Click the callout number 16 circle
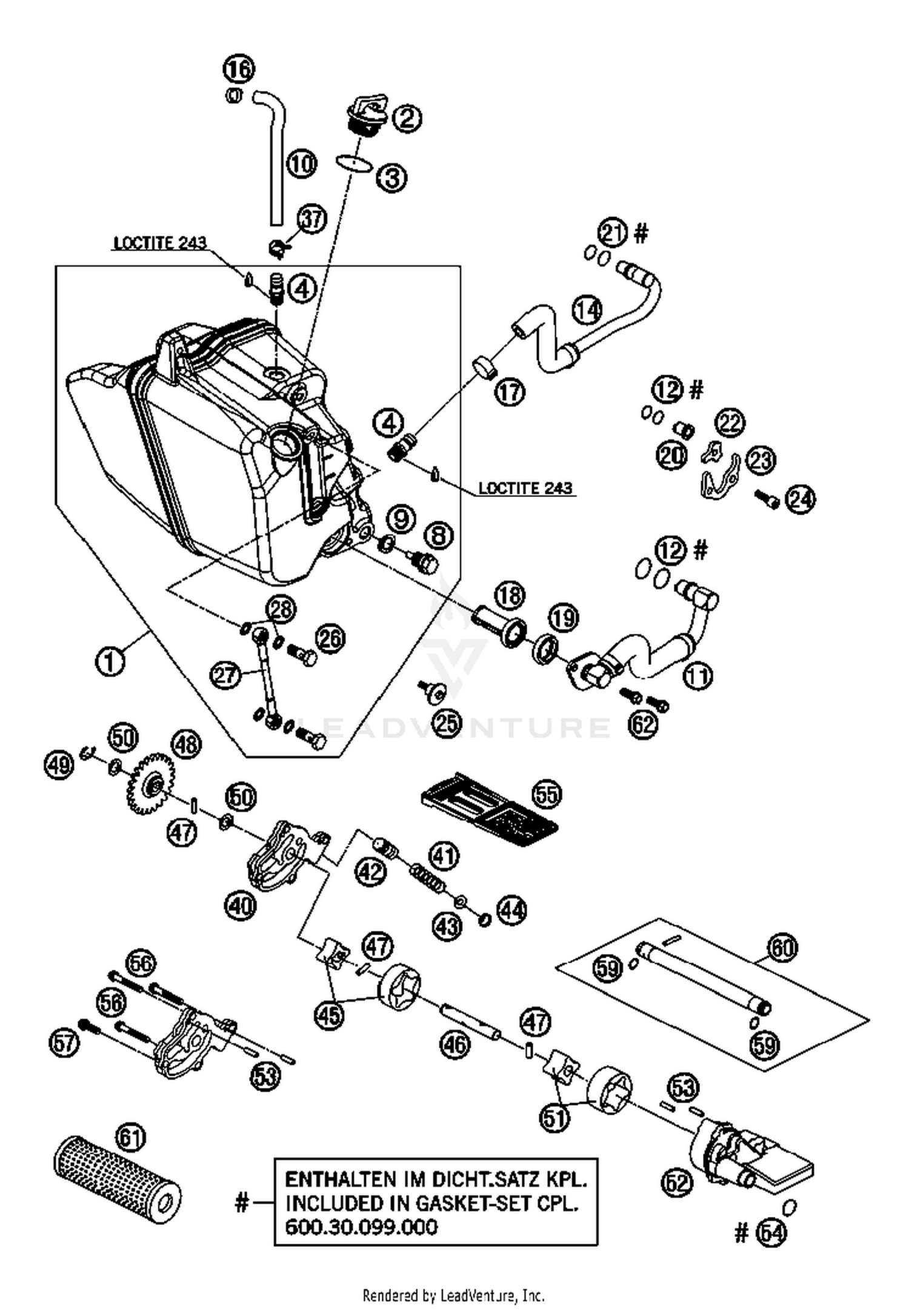239,69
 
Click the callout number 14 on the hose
587,310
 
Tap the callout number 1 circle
110,661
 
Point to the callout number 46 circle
455,1044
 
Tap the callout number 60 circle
782,947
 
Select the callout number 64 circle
772,1234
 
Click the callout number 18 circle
510,596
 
